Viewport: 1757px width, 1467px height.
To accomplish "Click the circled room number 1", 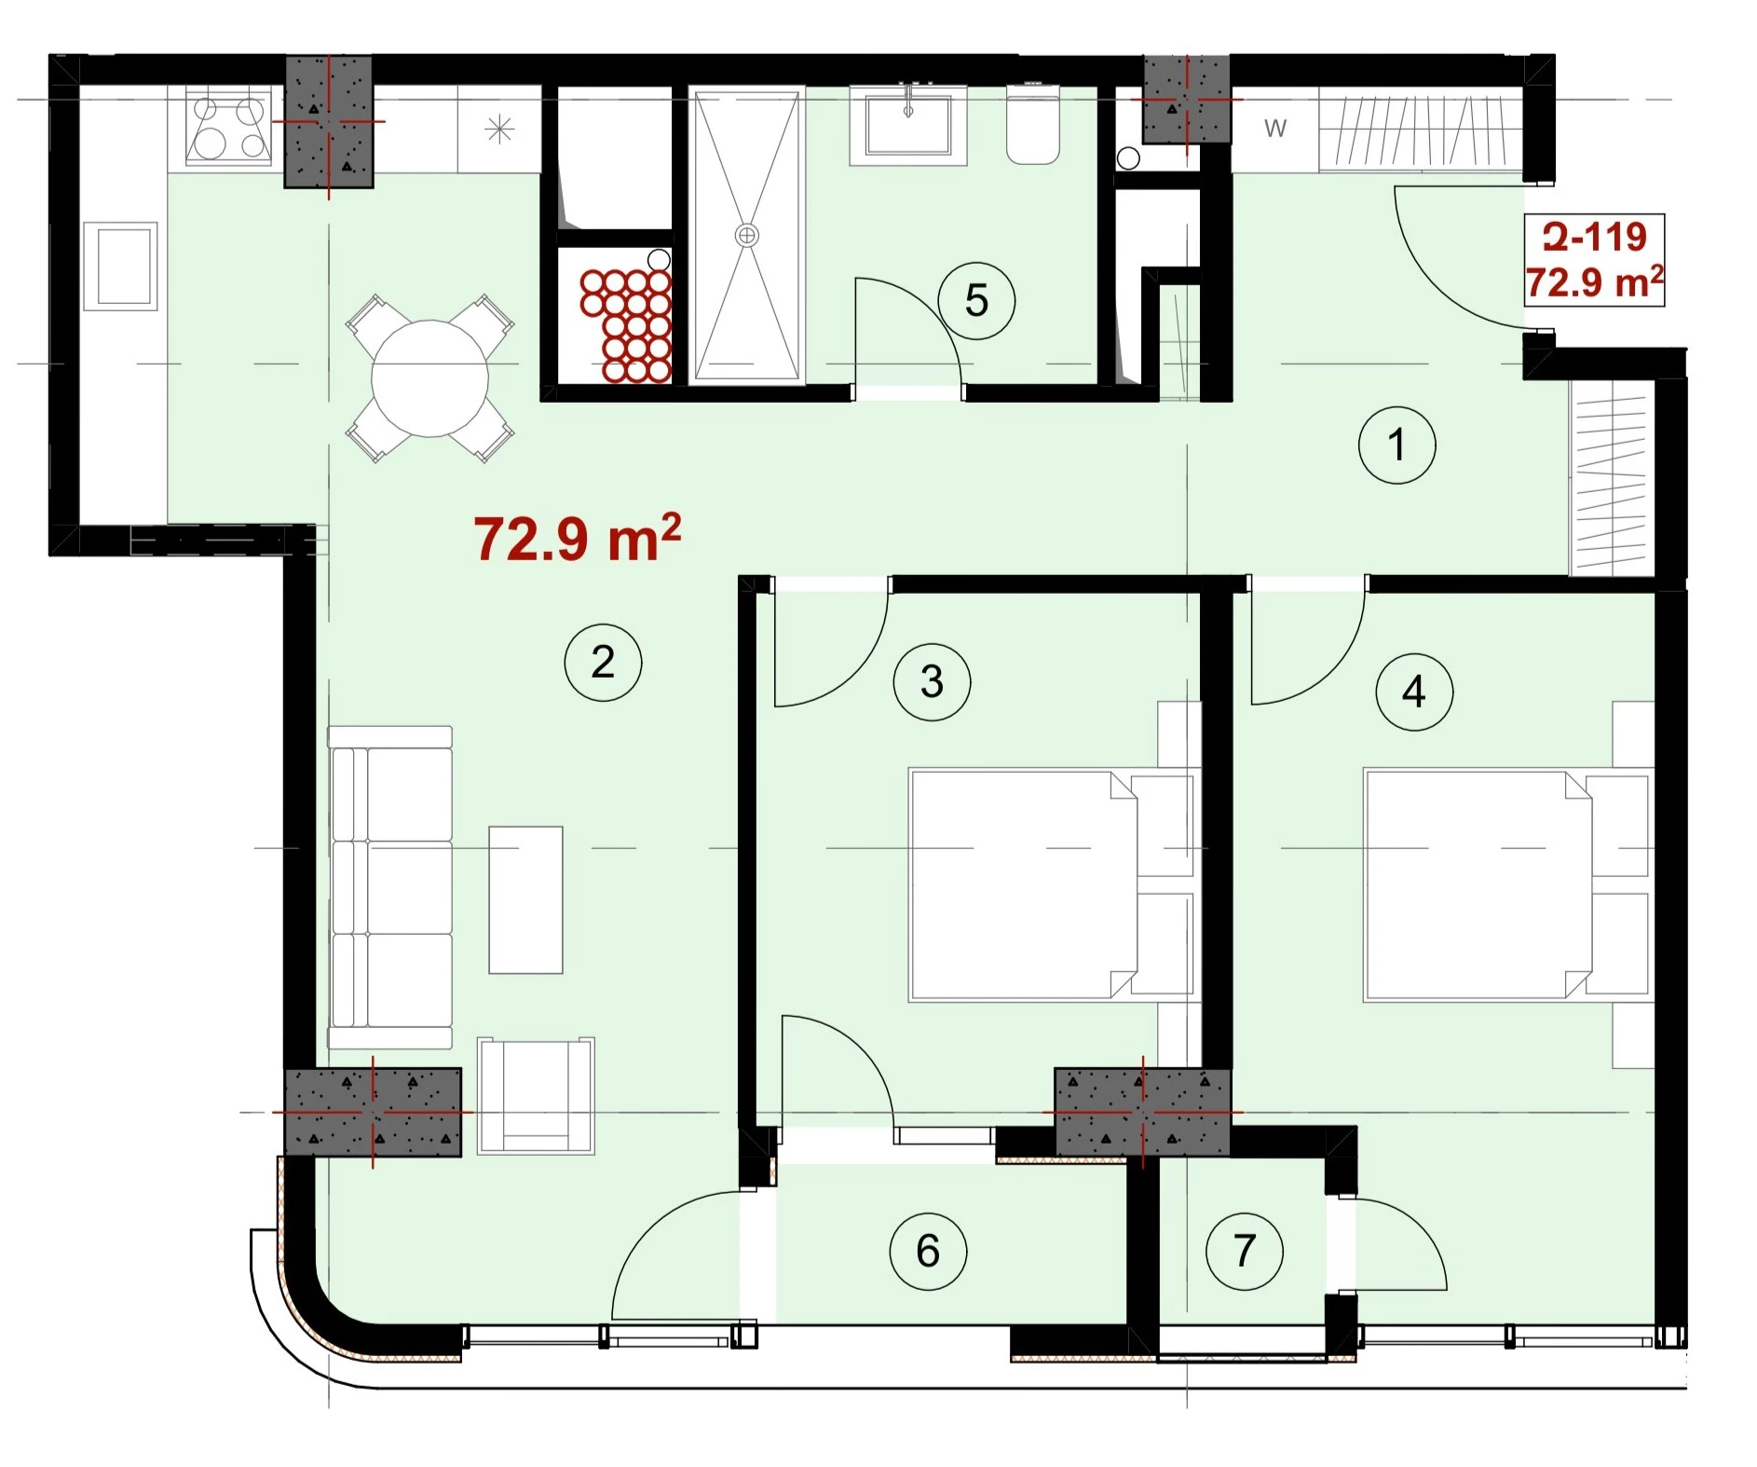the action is coord(1396,445).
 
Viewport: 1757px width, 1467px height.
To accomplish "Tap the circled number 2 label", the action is coord(603,663).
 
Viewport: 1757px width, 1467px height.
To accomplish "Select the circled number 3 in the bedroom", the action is coord(932,681).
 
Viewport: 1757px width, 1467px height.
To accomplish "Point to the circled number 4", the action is coord(1414,692).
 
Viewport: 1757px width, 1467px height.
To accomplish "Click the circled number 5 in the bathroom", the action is coord(976,300).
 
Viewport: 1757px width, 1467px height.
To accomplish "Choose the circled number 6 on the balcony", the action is coord(928,1251).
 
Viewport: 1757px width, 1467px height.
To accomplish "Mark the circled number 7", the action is coord(1245,1251).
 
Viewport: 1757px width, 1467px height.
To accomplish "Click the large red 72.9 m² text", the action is coord(578,538).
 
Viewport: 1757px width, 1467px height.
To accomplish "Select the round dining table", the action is coord(429,378).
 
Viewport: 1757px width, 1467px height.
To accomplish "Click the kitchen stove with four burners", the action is coord(229,127).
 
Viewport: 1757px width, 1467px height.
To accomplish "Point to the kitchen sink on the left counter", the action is coord(120,267).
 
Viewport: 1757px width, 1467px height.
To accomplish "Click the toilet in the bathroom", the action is coord(1032,125).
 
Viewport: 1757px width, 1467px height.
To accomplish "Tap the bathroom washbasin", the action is coord(908,126).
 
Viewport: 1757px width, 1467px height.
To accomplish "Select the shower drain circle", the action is coord(746,235).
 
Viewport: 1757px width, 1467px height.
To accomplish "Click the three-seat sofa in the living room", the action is coord(390,888).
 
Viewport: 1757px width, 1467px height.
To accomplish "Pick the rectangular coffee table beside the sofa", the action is coord(525,899).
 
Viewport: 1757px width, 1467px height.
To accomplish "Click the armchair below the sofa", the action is coord(536,1096).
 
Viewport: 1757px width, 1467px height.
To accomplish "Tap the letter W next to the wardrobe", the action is coord(1275,129).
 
